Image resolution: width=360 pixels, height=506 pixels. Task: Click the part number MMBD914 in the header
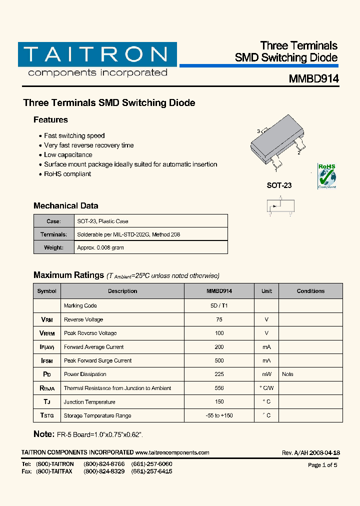[x=313, y=79]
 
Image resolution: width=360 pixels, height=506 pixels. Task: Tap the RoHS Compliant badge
[x=327, y=176]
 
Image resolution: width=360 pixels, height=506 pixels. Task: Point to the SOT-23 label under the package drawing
[x=279, y=185]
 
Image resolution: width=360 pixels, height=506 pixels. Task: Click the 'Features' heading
[x=50, y=120]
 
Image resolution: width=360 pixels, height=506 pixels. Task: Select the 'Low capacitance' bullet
[x=68, y=155]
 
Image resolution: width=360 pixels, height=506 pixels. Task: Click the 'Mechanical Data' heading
[x=65, y=206]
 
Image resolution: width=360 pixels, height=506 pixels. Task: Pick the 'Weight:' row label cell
[x=53, y=247]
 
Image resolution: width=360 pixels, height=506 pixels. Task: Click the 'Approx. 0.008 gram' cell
[x=100, y=247]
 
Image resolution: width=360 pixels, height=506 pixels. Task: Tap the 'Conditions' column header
[x=310, y=291]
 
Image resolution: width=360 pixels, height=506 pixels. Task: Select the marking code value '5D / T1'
[x=219, y=305]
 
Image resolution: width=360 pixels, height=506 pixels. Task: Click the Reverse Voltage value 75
[x=219, y=319]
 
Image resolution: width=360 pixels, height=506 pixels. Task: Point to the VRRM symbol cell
[x=47, y=333]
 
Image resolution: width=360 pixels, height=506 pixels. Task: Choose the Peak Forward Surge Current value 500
[x=219, y=360]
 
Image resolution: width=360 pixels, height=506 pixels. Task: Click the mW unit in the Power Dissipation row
[x=266, y=374]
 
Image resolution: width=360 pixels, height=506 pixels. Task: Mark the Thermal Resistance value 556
[x=219, y=388]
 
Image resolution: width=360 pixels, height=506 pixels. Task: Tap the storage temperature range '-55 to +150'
[x=219, y=415]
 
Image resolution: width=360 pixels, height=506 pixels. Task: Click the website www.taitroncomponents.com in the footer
[x=172, y=452]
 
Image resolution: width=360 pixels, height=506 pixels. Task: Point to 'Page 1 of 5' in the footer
[x=322, y=465]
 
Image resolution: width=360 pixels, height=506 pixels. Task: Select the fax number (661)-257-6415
[x=151, y=471]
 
